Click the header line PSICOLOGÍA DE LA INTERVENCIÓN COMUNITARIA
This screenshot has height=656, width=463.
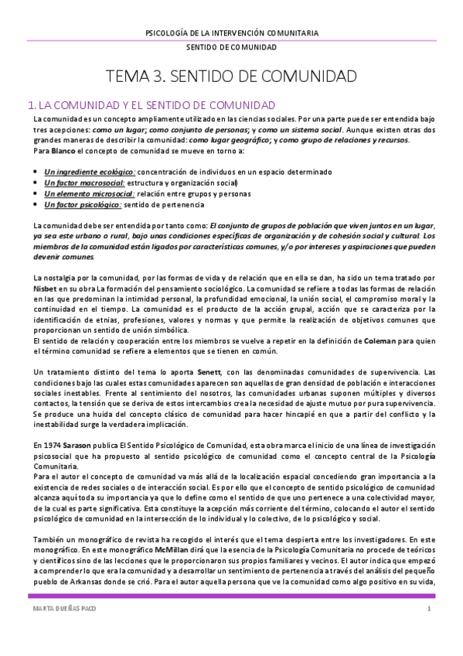tap(231, 32)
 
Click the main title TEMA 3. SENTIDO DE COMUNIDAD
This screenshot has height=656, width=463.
tap(231, 77)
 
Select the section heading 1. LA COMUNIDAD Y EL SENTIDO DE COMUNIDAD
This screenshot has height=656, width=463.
tap(151, 104)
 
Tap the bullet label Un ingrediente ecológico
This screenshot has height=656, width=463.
tap(89, 172)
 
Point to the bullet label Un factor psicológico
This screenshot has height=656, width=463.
tap(82, 205)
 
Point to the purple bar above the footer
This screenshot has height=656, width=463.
tap(231, 596)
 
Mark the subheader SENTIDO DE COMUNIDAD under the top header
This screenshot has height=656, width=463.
tap(231, 47)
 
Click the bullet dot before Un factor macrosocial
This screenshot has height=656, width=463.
tap(36, 183)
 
